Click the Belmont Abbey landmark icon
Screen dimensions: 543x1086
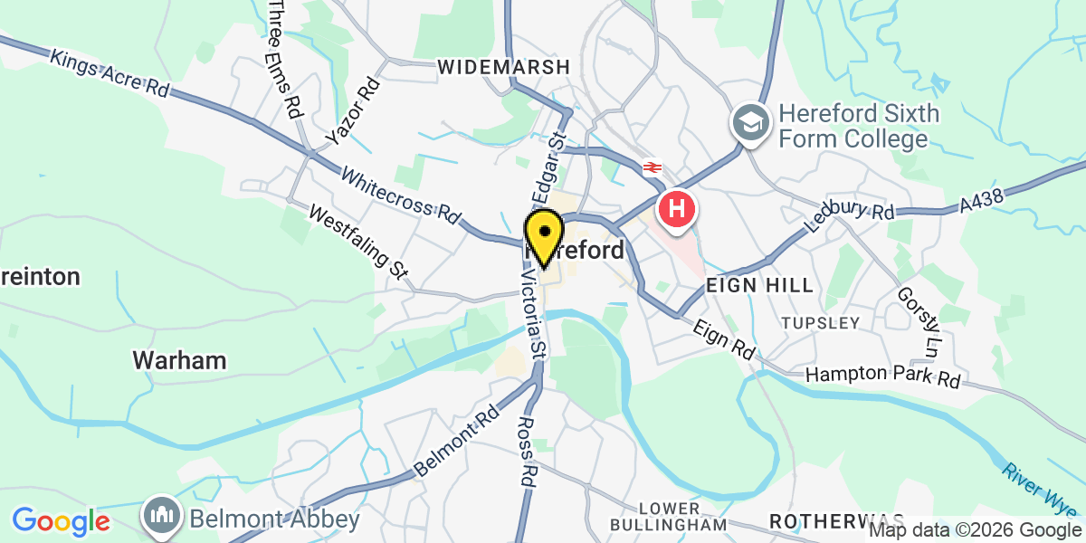coord(162,518)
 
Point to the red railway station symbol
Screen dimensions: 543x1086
coord(652,167)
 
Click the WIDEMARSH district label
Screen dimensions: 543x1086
coord(504,67)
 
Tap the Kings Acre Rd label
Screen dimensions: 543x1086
coord(110,73)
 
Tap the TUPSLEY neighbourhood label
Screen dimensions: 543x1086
coord(820,323)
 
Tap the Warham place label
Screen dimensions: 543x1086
coord(179,360)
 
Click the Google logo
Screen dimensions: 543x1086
coord(61,521)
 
